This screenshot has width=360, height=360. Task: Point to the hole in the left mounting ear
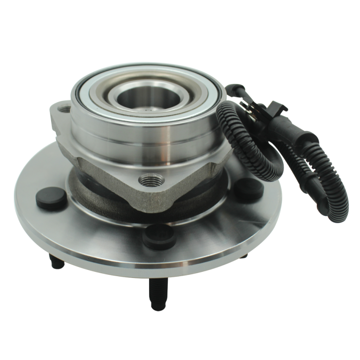coord(63,111)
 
